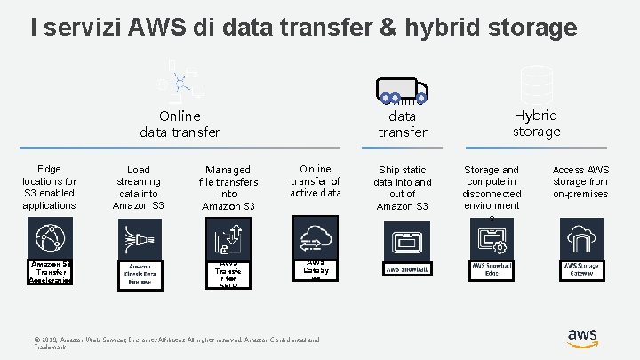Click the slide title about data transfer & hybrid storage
(303, 28)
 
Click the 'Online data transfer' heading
(180, 124)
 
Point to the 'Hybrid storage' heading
(536, 123)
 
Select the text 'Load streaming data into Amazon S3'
(139, 188)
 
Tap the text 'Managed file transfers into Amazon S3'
(228, 188)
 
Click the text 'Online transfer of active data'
(315, 180)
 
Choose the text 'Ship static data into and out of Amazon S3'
(403, 188)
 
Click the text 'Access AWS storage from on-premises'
(580, 181)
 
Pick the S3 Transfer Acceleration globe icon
(50, 238)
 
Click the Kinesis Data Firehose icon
(139, 238)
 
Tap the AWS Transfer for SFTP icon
(228, 238)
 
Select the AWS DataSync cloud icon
(316, 236)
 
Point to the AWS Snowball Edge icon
(492, 238)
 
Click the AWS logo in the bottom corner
(582, 338)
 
